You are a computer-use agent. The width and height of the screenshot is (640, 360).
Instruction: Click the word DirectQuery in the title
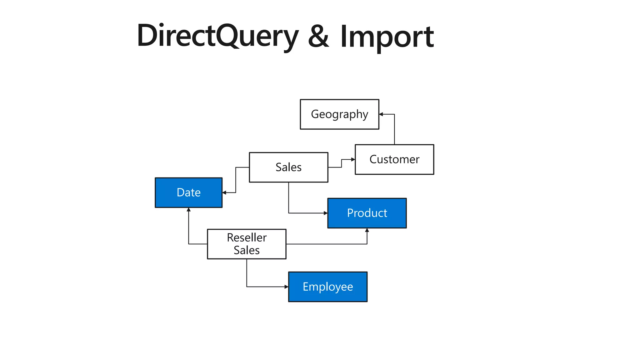pos(217,36)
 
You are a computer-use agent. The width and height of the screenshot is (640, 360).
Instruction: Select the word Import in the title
pos(387,37)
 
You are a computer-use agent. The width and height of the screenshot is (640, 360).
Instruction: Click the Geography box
pos(339,114)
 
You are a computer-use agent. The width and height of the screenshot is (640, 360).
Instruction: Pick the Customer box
pos(394,159)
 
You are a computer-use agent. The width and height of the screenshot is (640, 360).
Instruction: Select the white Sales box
pos(288,167)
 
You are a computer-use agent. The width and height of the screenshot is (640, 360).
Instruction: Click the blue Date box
pos(188,192)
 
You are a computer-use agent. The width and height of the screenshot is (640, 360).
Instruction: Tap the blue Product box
pos(367,213)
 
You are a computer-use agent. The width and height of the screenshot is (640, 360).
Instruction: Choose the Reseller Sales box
pos(247,244)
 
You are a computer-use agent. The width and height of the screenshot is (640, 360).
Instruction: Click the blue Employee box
pos(327,287)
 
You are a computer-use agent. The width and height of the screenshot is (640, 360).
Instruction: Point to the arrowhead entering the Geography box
pos(381,114)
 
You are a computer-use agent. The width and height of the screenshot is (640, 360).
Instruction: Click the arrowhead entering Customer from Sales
pos(353,159)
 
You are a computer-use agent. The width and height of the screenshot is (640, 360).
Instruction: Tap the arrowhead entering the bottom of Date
pos(188,210)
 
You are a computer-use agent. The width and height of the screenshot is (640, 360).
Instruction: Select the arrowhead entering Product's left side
pos(325,213)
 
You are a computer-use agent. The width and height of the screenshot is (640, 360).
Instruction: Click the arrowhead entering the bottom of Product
pos(367,230)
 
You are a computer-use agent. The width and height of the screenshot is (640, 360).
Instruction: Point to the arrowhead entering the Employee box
pos(286,287)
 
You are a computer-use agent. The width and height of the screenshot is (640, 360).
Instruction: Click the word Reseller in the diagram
pos(247,238)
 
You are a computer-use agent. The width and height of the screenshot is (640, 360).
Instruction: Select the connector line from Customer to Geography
pos(394,131)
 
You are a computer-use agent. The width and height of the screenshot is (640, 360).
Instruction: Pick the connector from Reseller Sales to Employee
pos(247,275)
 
